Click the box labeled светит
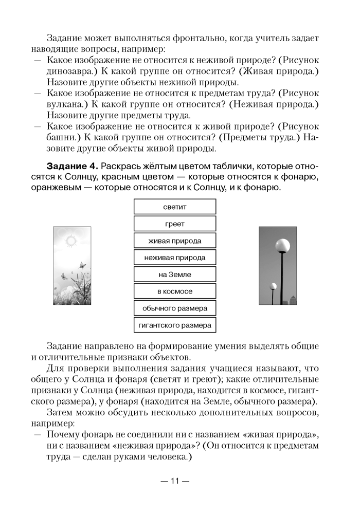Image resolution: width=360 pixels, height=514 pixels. [175, 207]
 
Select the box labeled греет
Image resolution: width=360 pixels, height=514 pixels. [175, 224]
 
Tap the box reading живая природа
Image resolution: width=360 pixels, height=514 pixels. [175, 241]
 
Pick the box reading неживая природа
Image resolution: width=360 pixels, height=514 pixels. [175, 258]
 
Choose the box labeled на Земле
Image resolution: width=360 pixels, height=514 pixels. [175, 274]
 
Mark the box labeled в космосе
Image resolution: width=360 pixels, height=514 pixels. [175, 291]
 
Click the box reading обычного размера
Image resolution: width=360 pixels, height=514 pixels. [175, 308]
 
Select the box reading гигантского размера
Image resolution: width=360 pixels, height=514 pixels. [175, 325]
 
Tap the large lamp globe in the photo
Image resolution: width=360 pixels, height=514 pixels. [282, 244]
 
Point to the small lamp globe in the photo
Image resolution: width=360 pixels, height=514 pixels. [273, 286]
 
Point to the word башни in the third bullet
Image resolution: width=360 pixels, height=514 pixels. [60, 138]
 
